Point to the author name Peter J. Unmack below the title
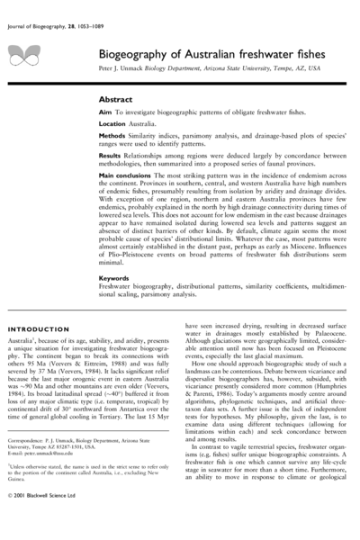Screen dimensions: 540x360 pos(125,68)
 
